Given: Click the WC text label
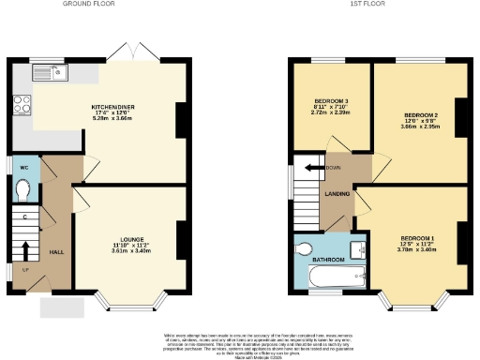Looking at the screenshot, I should [x=24, y=168].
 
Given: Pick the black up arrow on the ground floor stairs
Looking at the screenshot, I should [x=25, y=248].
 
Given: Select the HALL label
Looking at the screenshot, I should [x=55, y=252].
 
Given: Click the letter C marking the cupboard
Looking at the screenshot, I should [x=25, y=217].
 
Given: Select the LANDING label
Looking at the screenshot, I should [x=337, y=195].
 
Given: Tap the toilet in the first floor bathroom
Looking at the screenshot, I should [x=303, y=250].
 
